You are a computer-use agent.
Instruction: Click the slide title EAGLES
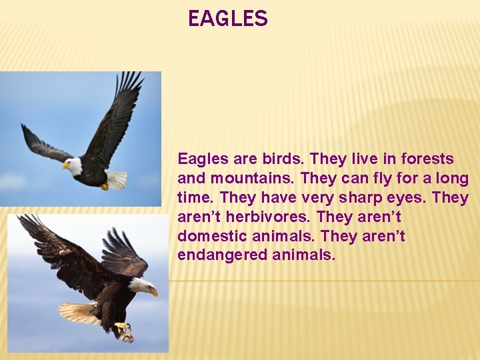227,19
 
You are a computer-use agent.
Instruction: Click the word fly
375,179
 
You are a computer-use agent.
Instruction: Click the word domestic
207,237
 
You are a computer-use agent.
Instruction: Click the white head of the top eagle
75,165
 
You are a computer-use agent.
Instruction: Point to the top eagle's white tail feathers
116,179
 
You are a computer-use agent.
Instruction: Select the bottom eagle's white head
141,286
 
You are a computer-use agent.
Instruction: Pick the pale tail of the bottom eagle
79,313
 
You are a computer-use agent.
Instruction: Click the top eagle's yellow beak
66,166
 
